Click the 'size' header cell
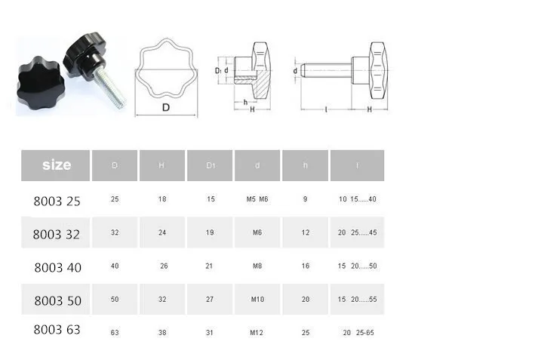click(x=56, y=165)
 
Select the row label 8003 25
click(x=57, y=202)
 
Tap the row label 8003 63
click(x=57, y=329)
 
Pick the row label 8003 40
click(x=57, y=267)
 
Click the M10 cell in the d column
click(x=257, y=299)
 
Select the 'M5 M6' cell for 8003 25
click(x=257, y=200)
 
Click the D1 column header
click(x=210, y=165)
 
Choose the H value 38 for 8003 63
click(x=162, y=332)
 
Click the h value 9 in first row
click(x=305, y=200)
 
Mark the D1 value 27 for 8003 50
click(x=210, y=299)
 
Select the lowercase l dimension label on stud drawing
click(x=325, y=109)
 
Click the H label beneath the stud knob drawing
click(x=369, y=109)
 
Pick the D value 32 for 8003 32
click(x=115, y=232)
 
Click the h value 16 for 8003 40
click(x=305, y=266)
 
